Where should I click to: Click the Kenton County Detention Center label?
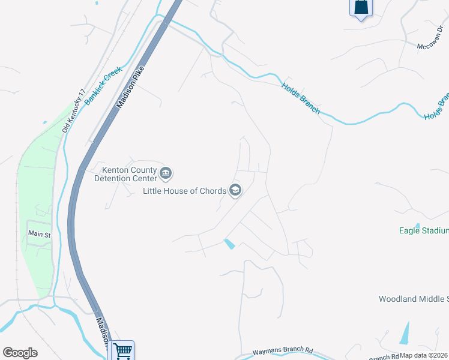(125, 173)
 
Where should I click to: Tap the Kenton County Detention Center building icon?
(166, 174)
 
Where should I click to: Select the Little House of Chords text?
(184, 191)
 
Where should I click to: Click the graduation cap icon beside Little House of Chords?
(235, 191)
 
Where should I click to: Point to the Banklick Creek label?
(103, 86)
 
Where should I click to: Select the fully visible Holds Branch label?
(301, 98)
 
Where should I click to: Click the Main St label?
(40, 233)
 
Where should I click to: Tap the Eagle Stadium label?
(424, 230)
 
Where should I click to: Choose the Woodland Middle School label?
(414, 299)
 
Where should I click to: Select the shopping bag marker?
(361, 7)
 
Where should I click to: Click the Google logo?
(20, 353)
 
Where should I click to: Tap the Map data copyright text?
(424, 355)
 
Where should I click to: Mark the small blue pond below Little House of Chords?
(229, 244)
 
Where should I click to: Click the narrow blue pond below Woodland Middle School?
(405, 334)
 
